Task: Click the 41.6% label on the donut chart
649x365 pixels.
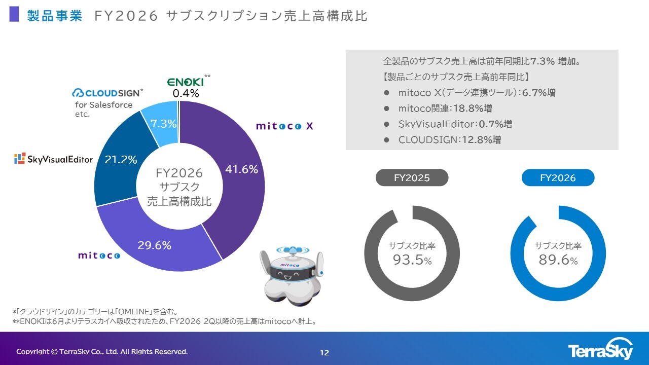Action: click(241, 169)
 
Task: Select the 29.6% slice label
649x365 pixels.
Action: click(155, 245)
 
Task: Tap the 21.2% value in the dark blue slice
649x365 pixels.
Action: click(121, 160)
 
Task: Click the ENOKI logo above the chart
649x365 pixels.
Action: click(186, 82)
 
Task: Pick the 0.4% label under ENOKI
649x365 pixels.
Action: click(186, 93)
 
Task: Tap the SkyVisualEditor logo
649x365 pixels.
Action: click(54, 159)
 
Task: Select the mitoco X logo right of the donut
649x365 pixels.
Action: click(284, 126)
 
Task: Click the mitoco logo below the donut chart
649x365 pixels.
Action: click(99, 255)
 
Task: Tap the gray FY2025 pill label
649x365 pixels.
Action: click(412, 177)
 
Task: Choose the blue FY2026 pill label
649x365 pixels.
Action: click(558, 177)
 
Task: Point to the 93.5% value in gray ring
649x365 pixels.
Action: click(412, 260)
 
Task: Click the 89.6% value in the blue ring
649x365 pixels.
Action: click(558, 260)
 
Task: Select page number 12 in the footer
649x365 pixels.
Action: click(324, 353)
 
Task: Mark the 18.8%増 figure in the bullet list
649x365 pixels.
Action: click(472, 108)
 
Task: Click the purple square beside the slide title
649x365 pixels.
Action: click(14, 14)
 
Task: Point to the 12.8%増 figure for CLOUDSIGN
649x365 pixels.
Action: click(481, 139)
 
